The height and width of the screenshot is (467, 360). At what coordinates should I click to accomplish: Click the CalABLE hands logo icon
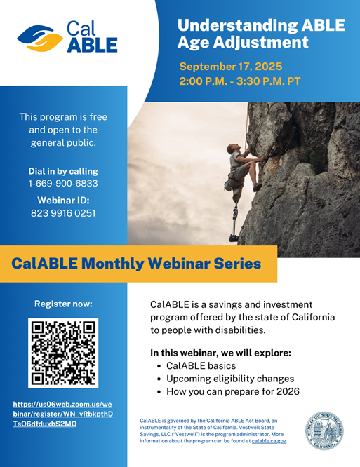click(x=40, y=39)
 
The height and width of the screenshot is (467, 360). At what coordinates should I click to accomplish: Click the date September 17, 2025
click(x=231, y=66)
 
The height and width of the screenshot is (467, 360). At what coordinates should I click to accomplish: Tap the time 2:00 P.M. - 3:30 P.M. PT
click(x=239, y=81)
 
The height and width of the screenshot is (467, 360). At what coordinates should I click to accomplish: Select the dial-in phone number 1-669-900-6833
click(x=63, y=183)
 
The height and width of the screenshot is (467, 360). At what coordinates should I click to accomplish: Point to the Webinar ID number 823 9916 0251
click(x=63, y=213)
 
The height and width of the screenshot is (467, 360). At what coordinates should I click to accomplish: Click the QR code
click(x=63, y=353)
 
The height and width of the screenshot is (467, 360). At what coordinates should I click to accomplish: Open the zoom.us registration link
click(x=63, y=414)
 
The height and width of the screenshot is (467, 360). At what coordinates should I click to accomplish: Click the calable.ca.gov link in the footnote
click(x=269, y=441)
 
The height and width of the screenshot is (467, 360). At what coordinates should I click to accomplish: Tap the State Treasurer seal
click(x=324, y=431)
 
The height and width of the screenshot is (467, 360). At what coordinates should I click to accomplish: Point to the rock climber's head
click(x=232, y=148)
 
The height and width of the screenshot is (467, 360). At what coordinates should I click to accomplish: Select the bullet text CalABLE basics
click(x=201, y=366)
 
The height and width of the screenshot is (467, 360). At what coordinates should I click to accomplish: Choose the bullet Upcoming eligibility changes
click(x=230, y=379)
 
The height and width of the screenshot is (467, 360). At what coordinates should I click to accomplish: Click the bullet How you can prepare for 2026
click(x=233, y=391)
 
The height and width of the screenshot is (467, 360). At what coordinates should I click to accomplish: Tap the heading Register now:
click(x=63, y=304)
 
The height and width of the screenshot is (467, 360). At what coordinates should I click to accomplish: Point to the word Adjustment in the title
click(x=261, y=42)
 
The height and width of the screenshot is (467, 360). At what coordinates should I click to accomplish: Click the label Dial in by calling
click(x=63, y=171)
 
